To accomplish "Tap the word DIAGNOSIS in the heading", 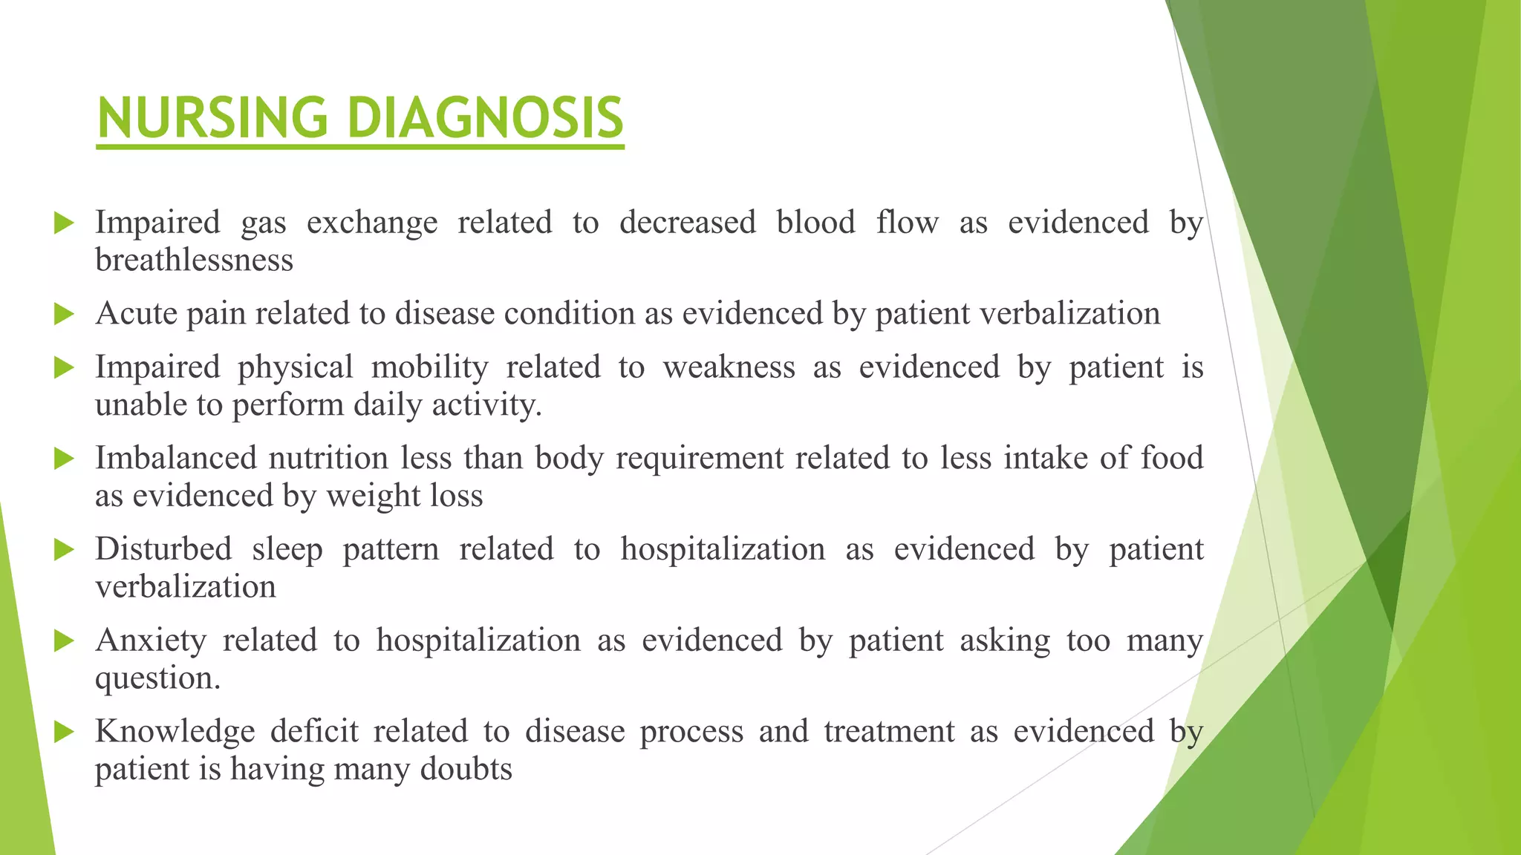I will pyautogui.click(x=485, y=118).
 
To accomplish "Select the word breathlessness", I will pyautogui.click(x=194, y=261).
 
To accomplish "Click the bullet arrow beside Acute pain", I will pyautogui.click(x=65, y=314).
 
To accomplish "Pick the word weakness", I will pyautogui.click(x=729, y=367).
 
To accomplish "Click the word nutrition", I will pyautogui.click(x=328, y=458).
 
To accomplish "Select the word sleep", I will pyautogui.click(x=287, y=549).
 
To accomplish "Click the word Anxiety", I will pyautogui.click(x=151, y=641).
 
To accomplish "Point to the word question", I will pyautogui.click(x=157, y=678).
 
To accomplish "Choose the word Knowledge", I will pyautogui.click(x=175, y=731).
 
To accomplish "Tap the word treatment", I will pyautogui.click(x=889, y=731).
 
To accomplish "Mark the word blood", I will pyautogui.click(x=815, y=223).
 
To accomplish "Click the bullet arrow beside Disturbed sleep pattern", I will pyautogui.click(x=65, y=550).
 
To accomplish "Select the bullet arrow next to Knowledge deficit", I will pyautogui.click(x=65, y=732).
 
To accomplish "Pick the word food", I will pyautogui.click(x=1171, y=458).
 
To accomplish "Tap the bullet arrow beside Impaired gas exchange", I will pyautogui.click(x=65, y=223).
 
